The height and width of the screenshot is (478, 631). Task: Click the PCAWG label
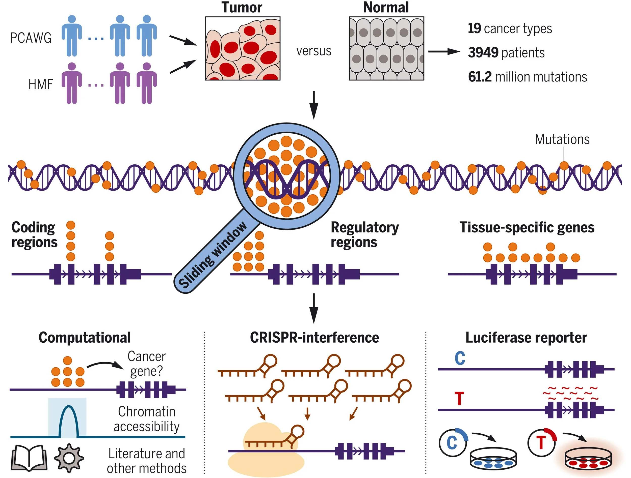(31, 38)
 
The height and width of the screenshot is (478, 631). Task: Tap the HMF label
(40, 84)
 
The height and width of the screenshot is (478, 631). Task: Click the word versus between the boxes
(314, 51)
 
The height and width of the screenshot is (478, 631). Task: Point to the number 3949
(483, 53)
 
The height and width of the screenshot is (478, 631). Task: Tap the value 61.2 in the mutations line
(480, 77)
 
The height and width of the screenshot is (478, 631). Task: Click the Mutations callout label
(562, 139)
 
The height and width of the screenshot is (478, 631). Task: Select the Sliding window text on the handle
(213, 254)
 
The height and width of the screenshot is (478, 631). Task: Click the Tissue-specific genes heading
(527, 228)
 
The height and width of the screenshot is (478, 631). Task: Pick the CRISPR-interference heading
(314, 338)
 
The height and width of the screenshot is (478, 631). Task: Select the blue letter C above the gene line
(460, 358)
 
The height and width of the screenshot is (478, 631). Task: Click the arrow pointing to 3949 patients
(444, 52)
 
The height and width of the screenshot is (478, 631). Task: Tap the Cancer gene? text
(146, 364)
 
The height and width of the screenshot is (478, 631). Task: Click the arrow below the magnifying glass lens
(314, 308)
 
